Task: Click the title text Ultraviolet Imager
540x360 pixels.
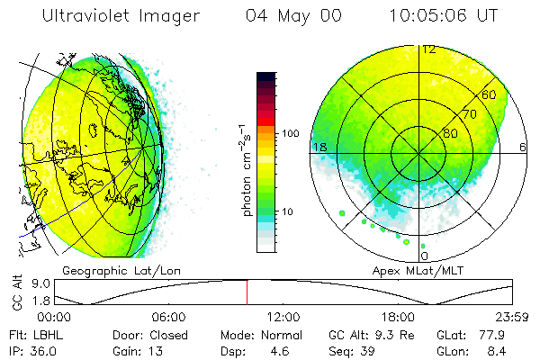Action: [x=114, y=16]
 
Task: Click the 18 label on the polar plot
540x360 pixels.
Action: [x=318, y=147]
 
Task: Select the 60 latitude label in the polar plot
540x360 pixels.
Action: [x=490, y=95]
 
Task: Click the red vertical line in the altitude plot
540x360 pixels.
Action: [x=247, y=292]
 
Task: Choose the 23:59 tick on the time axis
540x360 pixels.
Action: [x=511, y=318]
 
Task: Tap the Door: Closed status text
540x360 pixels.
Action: [x=149, y=334]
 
